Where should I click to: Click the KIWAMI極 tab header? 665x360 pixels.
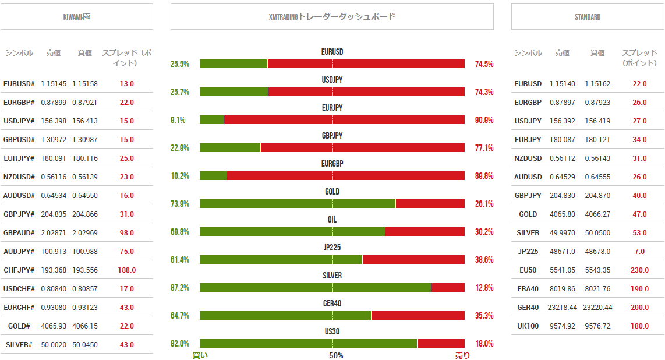point(76,17)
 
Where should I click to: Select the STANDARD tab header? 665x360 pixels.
point(587,17)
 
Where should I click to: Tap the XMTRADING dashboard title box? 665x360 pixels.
point(332,17)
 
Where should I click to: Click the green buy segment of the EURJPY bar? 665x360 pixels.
point(211,120)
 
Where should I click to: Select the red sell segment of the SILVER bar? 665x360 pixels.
point(448,288)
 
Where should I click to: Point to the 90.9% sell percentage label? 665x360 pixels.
point(484,120)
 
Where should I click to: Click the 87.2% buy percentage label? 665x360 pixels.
point(179,288)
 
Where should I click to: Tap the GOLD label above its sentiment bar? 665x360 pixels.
point(332,192)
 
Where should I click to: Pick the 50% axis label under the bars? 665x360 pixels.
point(336,355)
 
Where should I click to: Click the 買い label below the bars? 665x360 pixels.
point(200,355)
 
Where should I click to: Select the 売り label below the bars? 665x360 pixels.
point(462,355)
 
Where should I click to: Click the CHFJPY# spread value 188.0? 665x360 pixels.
point(126,270)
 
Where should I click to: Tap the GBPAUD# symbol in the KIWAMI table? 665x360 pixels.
point(19,233)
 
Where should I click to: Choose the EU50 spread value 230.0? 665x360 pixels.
point(639,270)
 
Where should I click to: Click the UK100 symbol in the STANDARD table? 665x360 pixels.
point(528,326)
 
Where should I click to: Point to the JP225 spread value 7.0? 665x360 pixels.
point(639,252)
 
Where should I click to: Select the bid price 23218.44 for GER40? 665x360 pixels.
point(562,308)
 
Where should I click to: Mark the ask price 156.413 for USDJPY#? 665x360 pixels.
point(85,121)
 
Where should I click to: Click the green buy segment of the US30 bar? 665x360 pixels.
point(308,344)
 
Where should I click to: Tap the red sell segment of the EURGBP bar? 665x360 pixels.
point(345,176)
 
